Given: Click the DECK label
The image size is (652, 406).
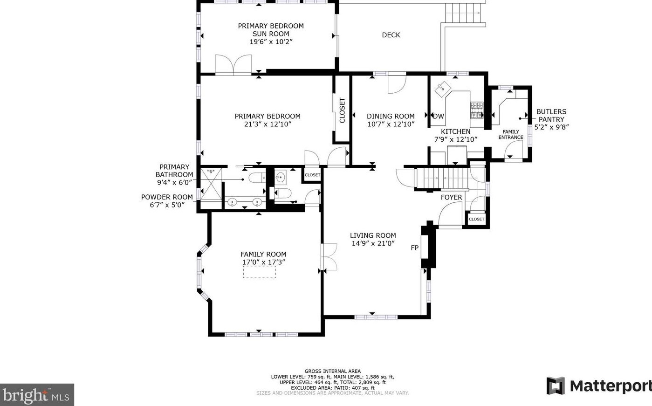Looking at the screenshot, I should tap(391, 35).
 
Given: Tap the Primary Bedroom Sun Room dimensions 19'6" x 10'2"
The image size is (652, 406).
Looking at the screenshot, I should tap(271, 41).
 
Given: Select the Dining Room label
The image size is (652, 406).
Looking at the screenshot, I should tap(391, 117).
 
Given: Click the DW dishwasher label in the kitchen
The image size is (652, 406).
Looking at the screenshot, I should tap(439, 117).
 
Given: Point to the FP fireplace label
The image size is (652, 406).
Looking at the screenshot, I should tap(414, 248).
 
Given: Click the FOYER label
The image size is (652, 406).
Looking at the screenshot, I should tap(451, 198).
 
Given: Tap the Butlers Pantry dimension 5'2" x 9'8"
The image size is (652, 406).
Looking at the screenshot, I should tap(551, 127).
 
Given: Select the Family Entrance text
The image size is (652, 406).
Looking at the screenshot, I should tap(511, 135).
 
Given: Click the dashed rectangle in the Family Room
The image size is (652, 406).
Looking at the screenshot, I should tap(259, 272).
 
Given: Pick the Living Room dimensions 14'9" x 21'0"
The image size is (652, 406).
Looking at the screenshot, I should tap(373, 243).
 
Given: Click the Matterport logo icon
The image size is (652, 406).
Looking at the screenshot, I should tap(555, 386).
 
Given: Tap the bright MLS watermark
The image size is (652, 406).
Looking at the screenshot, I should tap(37, 395).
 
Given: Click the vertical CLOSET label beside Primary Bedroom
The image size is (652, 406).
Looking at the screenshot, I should tap(343, 110).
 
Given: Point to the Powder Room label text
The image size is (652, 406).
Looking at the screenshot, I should tap(167, 197).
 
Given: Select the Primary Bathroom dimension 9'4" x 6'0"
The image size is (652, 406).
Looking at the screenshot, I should tap(174, 182).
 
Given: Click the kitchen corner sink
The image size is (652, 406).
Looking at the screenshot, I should tap(441, 88).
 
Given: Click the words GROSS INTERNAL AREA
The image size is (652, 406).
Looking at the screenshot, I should tap(332, 372).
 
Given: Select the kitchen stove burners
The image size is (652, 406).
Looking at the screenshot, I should tap(476, 111).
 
